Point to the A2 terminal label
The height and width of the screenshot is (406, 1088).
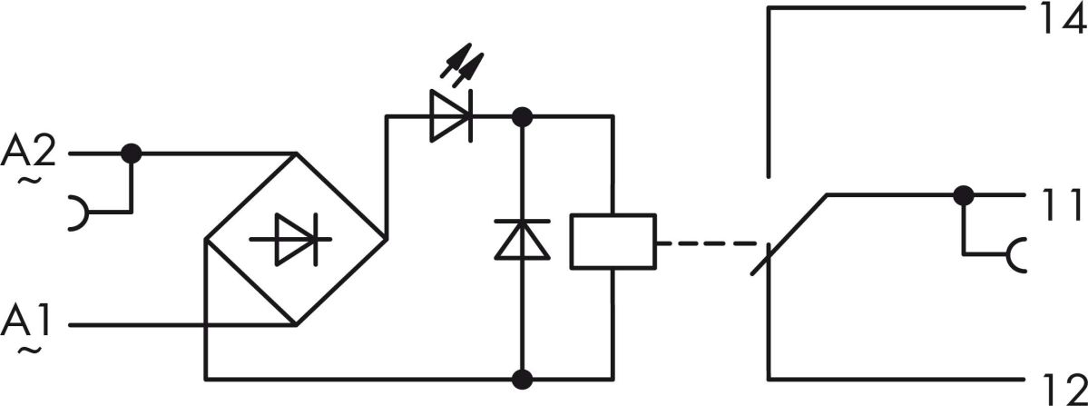(x=28, y=152)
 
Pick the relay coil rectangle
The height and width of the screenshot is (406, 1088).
(x=613, y=242)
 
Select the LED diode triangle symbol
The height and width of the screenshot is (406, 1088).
(x=452, y=116)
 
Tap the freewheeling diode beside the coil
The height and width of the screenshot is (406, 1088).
(x=522, y=239)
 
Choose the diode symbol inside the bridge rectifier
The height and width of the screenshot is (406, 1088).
(x=291, y=240)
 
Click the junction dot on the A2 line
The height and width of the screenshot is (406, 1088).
(x=132, y=153)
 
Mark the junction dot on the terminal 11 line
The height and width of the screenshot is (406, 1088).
(x=963, y=195)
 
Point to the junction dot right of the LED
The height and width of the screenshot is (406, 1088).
(x=522, y=116)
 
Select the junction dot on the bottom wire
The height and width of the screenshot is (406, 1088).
(x=522, y=379)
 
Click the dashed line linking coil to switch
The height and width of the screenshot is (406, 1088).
(x=706, y=243)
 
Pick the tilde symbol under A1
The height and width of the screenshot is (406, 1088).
(x=29, y=352)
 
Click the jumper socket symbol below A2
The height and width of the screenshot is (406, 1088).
(x=78, y=213)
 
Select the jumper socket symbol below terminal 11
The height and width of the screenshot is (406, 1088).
(x=1015, y=254)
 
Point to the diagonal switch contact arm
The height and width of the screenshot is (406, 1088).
(x=789, y=234)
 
